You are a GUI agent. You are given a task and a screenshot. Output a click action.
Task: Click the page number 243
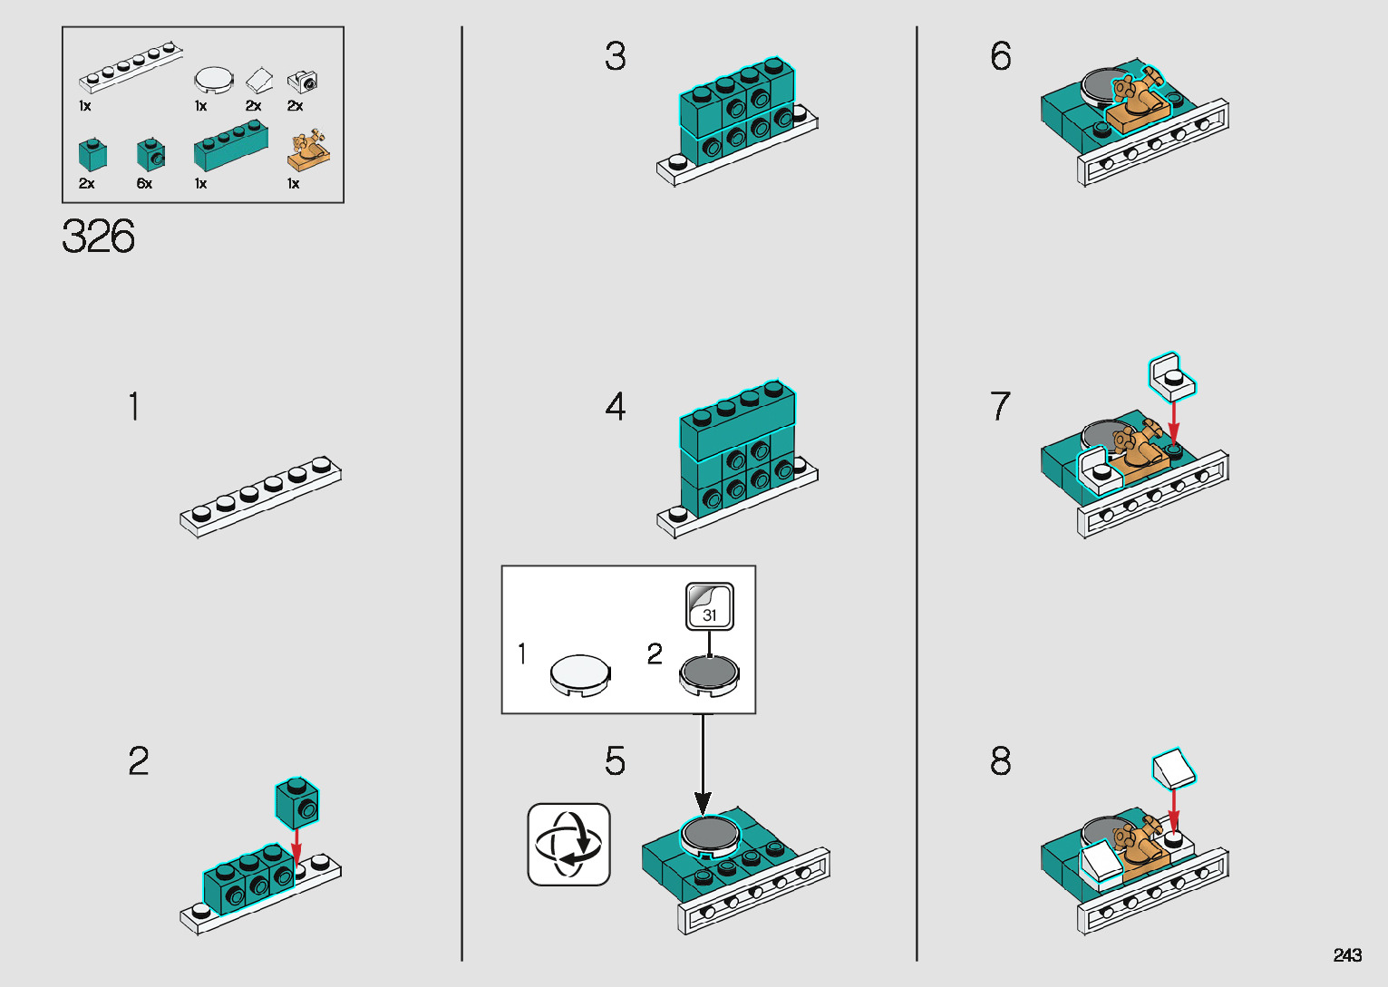click(1347, 955)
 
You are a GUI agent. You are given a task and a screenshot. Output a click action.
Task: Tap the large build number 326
click(99, 237)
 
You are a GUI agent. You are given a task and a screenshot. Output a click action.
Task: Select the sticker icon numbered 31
click(709, 606)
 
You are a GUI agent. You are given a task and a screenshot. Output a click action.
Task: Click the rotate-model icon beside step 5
click(569, 844)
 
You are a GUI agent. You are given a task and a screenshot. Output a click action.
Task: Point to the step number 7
click(1000, 406)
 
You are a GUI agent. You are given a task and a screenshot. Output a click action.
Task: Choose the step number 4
click(616, 406)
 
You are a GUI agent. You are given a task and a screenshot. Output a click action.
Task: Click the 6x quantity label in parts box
click(144, 184)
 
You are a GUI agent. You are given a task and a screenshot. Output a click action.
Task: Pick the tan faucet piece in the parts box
click(308, 150)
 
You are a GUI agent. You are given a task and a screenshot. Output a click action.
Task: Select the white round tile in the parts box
click(214, 80)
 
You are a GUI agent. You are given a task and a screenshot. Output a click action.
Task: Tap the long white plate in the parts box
click(131, 68)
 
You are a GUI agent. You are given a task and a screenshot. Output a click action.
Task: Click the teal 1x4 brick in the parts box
click(230, 148)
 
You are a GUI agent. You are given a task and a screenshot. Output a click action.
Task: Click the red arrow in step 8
click(1173, 808)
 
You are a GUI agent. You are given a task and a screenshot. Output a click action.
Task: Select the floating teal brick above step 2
click(297, 802)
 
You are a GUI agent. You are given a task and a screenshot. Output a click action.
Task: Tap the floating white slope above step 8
click(1174, 768)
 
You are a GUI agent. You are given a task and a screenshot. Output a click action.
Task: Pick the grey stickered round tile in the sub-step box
click(709, 675)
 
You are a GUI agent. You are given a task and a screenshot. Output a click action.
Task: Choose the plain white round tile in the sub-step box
click(580, 675)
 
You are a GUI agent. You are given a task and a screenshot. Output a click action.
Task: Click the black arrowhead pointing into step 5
click(703, 802)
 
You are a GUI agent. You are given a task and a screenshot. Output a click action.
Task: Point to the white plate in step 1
click(260, 496)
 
